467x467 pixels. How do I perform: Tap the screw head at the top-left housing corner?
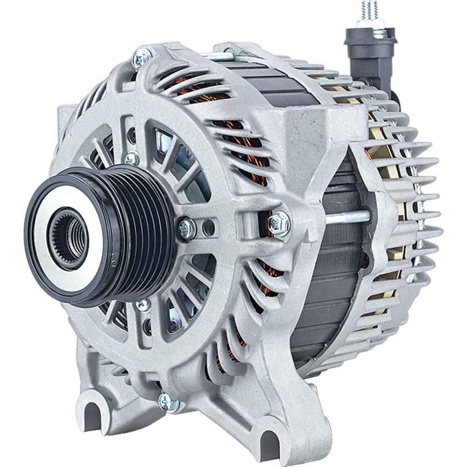[x=141, y=58]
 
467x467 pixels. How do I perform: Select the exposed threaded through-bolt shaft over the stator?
[x=346, y=217]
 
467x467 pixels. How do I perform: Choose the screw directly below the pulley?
[x=143, y=305]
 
